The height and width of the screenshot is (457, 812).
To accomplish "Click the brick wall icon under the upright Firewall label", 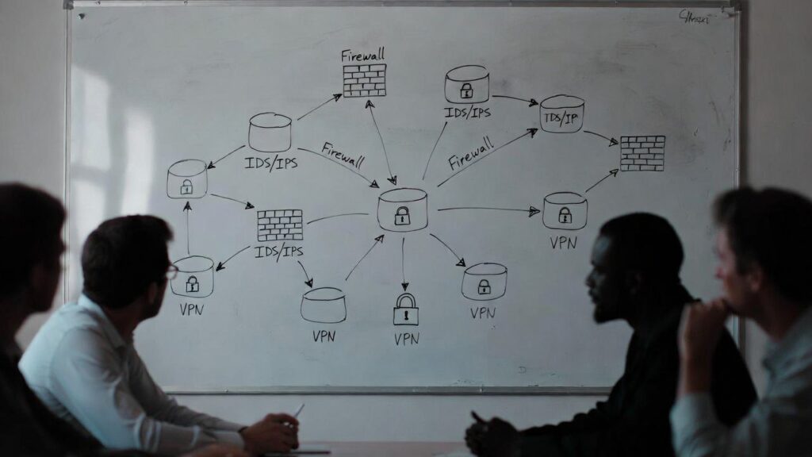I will point(364,80).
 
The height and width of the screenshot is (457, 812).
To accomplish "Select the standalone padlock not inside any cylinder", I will point(405,309).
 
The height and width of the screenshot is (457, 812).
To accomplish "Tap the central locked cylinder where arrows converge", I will point(402,210).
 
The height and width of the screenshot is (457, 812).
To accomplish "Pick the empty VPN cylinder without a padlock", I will point(324,305).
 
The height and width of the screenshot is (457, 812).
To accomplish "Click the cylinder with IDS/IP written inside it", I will point(561,114).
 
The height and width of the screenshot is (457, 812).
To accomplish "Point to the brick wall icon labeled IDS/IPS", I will point(280,225).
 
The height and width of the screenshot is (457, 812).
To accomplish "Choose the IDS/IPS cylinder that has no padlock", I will point(270,132).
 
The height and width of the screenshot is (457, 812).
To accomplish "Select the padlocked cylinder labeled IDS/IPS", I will point(466,85).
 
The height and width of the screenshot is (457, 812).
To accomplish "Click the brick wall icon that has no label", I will point(642,153).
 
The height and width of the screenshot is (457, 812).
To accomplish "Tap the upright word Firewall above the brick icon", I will point(363,56).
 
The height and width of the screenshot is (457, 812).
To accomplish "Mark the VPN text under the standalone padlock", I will point(406,339).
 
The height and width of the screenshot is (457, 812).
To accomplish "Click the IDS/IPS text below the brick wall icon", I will point(279,252).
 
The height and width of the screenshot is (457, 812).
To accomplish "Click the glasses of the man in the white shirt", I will point(171,271).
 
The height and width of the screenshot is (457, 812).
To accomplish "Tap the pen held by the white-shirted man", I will point(298,409).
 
